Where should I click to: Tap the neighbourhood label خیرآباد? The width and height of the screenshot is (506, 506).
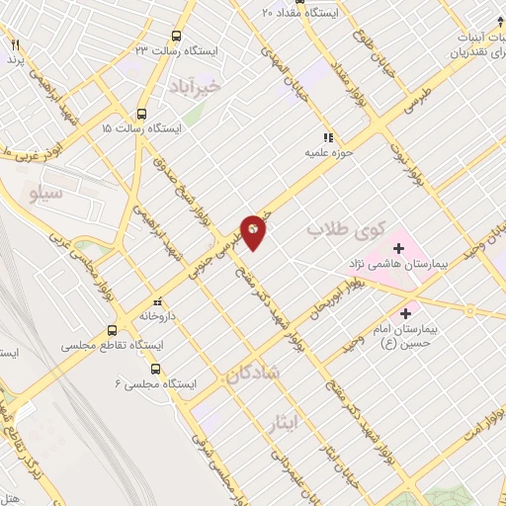tap(208, 86)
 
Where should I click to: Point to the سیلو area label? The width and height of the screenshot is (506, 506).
tap(47, 194)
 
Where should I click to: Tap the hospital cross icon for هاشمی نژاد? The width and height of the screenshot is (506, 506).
tap(399, 247)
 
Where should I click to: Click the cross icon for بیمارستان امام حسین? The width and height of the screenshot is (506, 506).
tap(405, 313)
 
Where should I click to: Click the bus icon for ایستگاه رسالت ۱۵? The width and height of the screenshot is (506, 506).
tap(141, 113)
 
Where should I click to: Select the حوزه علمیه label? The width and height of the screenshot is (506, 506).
tap(328, 154)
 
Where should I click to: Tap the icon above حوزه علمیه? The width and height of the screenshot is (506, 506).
tap(328, 137)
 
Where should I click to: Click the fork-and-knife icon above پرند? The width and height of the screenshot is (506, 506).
tap(15, 44)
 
